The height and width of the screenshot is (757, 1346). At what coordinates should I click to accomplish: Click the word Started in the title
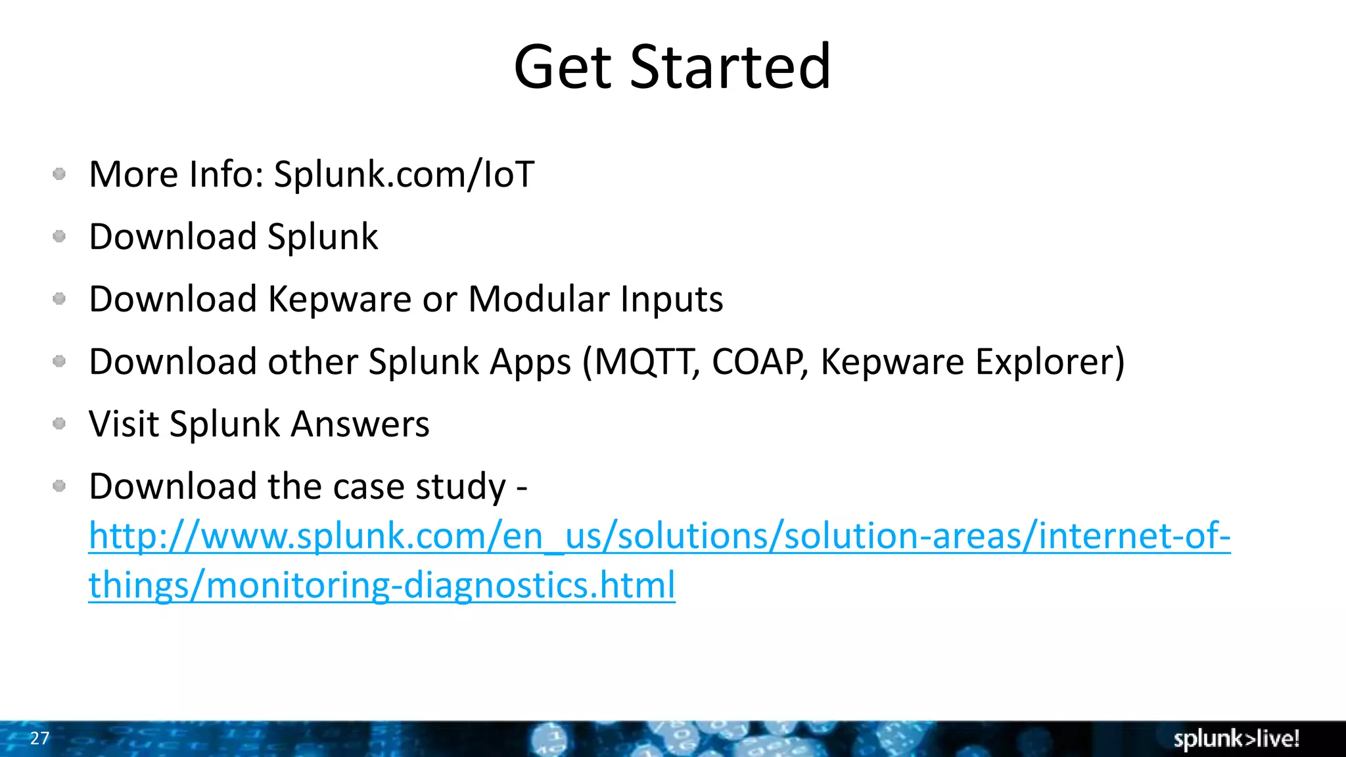pyautogui.click(x=730, y=67)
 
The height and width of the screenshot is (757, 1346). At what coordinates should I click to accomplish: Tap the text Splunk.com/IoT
pyautogui.click(x=404, y=175)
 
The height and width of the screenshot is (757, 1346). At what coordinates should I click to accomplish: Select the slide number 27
pyautogui.click(x=39, y=738)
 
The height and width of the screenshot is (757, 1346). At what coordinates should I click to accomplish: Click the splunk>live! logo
pyautogui.click(x=1236, y=739)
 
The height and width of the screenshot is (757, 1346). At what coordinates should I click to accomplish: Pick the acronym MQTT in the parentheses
pyautogui.click(x=647, y=362)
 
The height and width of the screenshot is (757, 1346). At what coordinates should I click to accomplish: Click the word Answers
pyautogui.click(x=360, y=424)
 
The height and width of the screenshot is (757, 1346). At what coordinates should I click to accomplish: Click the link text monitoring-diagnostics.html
pyautogui.click(x=440, y=585)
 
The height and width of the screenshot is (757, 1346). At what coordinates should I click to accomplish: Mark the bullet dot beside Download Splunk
pyautogui.click(x=59, y=237)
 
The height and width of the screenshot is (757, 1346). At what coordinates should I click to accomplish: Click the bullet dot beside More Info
pyautogui.click(x=59, y=174)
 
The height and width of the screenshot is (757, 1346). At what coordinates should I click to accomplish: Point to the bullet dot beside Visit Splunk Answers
pyautogui.click(x=59, y=424)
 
